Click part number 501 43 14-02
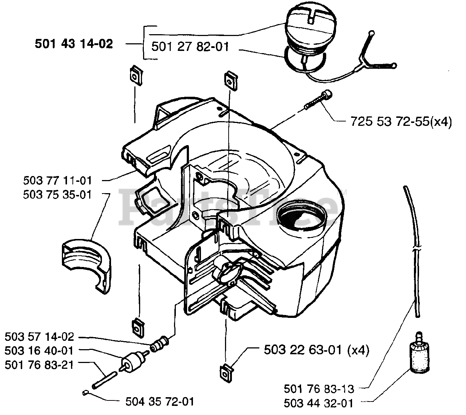[x=74, y=44]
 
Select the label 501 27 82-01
[x=190, y=47]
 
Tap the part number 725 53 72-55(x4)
[x=401, y=121]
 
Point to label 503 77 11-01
[x=58, y=180]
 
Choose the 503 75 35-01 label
[x=58, y=195]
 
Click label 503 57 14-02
[x=39, y=337]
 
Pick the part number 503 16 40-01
[x=39, y=351]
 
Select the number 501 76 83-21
[x=39, y=364]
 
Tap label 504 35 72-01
[x=159, y=402]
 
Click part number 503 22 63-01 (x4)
[x=316, y=350]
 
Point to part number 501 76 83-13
[x=319, y=389]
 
